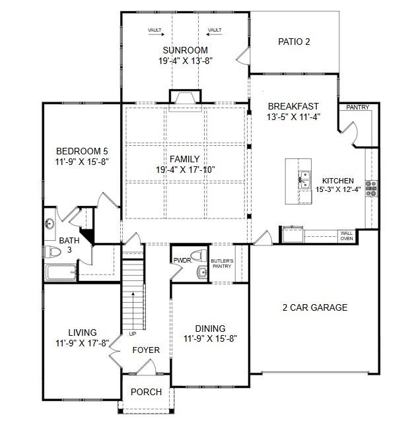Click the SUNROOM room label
coord(185,50)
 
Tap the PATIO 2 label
coord(294,42)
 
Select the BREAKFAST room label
coord(293,106)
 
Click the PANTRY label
coord(357,108)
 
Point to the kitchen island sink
coord(304,180)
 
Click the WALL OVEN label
coord(346,236)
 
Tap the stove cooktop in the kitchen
coord(371,188)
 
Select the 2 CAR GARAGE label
coord(314,307)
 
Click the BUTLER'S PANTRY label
coord(222,264)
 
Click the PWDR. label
coord(182,260)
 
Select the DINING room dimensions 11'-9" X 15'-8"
coord(210,339)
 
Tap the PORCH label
coord(146,392)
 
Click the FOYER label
coord(146,350)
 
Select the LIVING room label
coord(83,332)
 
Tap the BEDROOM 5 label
coord(82,150)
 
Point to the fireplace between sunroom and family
coord(185,97)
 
